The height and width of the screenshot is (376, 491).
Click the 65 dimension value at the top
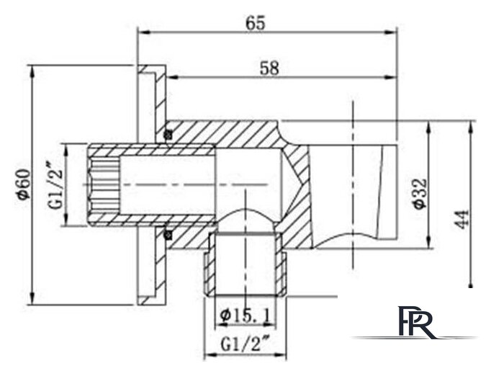[x=255, y=23]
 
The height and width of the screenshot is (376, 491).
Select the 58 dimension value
[x=269, y=68]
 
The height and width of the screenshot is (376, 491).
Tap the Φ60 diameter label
[x=24, y=184]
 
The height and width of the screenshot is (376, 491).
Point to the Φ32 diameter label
[x=419, y=193]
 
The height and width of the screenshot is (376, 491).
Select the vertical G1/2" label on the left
[x=55, y=185]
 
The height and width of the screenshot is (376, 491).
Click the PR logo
[x=416, y=322]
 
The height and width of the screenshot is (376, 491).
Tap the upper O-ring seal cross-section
[x=168, y=135]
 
